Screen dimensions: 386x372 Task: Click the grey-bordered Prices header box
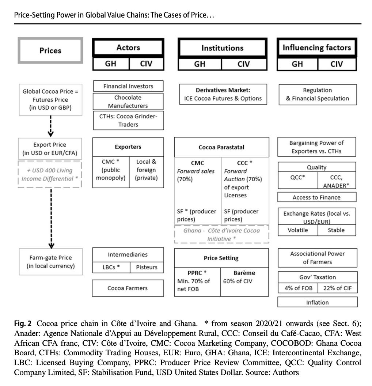50,50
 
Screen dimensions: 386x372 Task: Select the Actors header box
128,48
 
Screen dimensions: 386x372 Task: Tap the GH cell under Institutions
200,64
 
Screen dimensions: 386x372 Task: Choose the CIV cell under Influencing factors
337,64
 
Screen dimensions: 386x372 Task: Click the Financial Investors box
128,86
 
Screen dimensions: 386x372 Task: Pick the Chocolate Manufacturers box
128,102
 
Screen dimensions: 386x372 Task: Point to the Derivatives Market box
223,94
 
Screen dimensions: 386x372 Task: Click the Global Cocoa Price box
50,99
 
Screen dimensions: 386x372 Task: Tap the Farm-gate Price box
50,262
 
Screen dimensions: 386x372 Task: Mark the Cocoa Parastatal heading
221,147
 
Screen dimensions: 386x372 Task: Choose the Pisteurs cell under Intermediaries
147,267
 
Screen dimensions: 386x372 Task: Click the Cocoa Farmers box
128,288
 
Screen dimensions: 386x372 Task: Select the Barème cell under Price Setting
244,282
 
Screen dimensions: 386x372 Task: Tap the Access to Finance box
316,197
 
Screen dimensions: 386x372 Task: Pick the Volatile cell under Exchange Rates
298,230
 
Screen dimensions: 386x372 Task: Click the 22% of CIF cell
337,288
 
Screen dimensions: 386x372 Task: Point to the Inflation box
317,302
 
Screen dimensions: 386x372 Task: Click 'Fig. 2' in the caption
23,323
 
